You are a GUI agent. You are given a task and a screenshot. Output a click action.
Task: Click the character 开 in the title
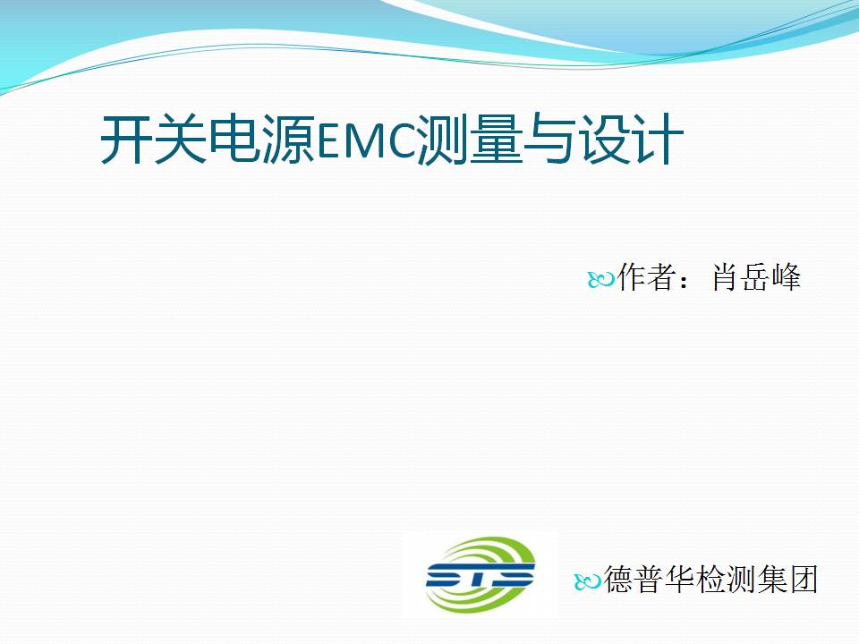coord(126,140)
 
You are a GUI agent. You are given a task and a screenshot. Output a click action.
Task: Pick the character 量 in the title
coord(497,140)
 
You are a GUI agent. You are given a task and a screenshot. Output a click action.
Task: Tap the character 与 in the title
coord(550,140)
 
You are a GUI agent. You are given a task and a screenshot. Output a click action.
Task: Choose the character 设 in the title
coord(604,140)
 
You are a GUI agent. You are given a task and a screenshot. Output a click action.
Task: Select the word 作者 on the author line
coord(645,276)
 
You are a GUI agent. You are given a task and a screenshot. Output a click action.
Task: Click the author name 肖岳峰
coord(757,276)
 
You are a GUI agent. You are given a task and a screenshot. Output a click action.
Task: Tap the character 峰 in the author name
coord(787,276)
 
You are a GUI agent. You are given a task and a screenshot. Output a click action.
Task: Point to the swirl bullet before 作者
coord(601,280)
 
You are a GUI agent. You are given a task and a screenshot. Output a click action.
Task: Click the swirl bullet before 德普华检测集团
coord(588,582)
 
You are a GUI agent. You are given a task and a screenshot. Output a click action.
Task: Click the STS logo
coord(480,574)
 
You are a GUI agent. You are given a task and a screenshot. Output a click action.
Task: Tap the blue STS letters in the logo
coord(480,575)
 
